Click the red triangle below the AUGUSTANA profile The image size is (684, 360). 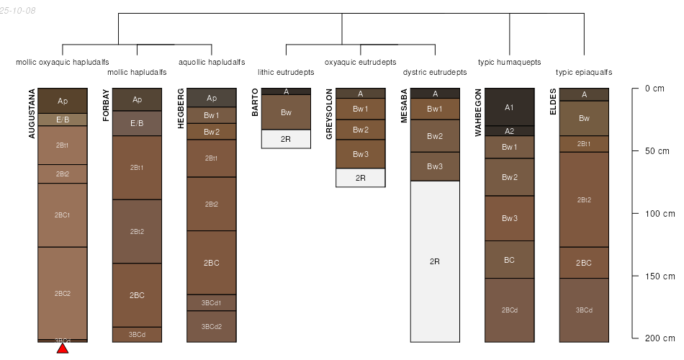[x=63, y=348]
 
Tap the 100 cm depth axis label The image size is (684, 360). [x=659, y=214]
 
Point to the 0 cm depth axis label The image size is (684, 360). [x=654, y=89]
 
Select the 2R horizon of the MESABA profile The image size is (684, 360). [x=435, y=261]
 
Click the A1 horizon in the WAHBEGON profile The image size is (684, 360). [x=509, y=107]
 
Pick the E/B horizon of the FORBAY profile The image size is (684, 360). [x=137, y=123]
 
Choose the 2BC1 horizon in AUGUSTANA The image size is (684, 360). [x=63, y=215]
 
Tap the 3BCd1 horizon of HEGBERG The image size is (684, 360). [x=212, y=302]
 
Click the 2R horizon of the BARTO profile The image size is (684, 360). [x=286, y=139]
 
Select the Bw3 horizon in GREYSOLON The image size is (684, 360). [x=361, y=154]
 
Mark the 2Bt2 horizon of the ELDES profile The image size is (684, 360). [x=584, y=199]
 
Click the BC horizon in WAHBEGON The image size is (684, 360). [x=509, y=260]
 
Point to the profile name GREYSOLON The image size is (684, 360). [x=329, y=114]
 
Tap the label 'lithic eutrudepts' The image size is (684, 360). [x=286, y=73]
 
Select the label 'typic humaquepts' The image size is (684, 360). [x=509, y=63]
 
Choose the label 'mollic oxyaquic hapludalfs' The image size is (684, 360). [x=63, y=63]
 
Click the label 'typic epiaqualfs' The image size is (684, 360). [x=584, y=73]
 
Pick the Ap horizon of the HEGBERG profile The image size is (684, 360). [x=212, y=98]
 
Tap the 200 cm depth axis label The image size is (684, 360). [x=659, y=338]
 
